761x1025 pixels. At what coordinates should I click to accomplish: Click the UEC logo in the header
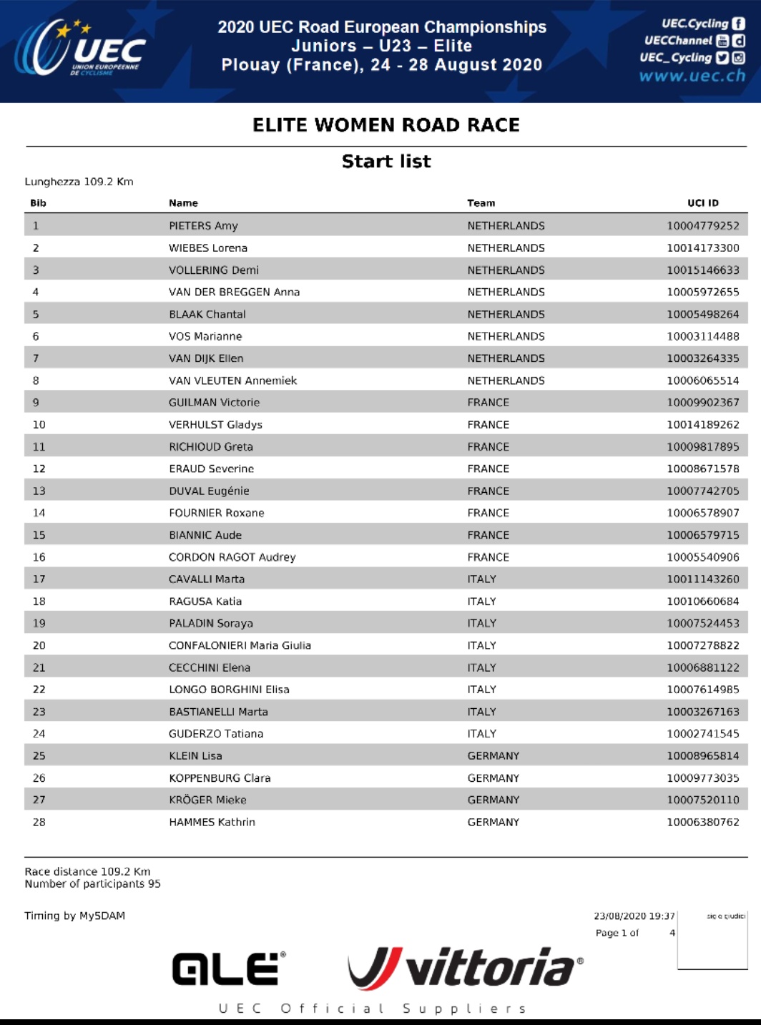(x=79, y=49)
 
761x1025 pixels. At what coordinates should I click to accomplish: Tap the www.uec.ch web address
(x=692, y=76)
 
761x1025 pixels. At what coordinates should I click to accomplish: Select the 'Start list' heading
(x=386, y=162)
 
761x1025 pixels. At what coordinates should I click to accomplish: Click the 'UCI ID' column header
(x=703, y=203)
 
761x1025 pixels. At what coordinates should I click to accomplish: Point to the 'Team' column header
(x=481, y=203)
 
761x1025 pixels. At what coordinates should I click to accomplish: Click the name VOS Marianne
(x=205, y=336)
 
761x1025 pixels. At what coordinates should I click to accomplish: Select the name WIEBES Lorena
(x=208, y=248)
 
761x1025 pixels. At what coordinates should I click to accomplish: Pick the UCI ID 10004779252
(x=703, y=226)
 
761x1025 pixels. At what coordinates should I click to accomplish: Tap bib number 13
(x=39, y=491)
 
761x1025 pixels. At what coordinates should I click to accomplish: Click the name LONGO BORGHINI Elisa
(x=229, y=690)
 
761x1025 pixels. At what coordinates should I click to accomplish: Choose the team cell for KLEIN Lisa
(x=494, y=756)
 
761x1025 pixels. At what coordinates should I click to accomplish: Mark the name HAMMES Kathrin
(x=212, y=823)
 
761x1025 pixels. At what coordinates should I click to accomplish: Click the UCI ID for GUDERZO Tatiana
(x=703, y=734)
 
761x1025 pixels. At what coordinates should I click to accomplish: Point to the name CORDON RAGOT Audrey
(x=232, y=557)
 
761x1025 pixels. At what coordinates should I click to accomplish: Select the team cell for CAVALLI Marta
(x=481, y=579)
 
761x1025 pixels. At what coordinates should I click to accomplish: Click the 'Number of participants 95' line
(x=92, y=884)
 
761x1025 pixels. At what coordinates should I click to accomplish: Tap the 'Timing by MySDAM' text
(x=74, y=916)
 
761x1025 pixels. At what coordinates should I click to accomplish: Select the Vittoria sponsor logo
(x=465, y=968)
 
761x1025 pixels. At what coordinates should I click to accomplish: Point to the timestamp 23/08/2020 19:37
(x=634, y=916)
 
